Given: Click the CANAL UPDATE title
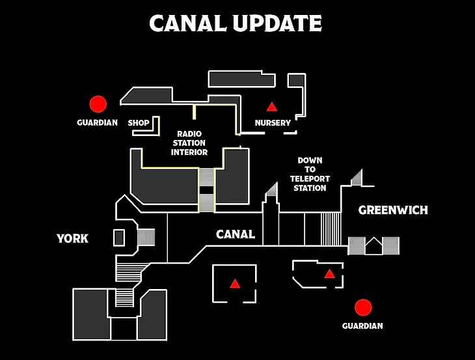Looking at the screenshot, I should coord(236,23).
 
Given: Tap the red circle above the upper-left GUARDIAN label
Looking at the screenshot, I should coord(98,104).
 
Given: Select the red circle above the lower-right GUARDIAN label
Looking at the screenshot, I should coord(362,307).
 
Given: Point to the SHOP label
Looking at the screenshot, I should coord(139,122).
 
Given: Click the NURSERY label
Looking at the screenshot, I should coord(273,123).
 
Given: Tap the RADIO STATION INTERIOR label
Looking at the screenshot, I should coord(189,143).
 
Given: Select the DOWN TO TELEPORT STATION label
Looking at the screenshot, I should coord(310,174).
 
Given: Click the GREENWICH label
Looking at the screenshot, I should coord(393,210).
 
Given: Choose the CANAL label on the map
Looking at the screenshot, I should coord(235,234).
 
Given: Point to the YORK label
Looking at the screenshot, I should coord(72,238).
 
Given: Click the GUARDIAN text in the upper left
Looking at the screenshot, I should coord(97,122).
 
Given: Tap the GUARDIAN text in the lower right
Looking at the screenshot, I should coord(362,325).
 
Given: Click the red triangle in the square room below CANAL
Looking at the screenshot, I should coord(234,284).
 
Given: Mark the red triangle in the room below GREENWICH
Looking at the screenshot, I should coord(329,273).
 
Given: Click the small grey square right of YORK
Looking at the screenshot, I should coord(119,238).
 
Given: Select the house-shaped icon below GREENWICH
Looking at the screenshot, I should coord(373,246).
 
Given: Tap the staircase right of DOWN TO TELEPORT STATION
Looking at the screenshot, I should coord(356,178).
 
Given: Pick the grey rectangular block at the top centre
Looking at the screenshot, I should coord(242,79).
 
